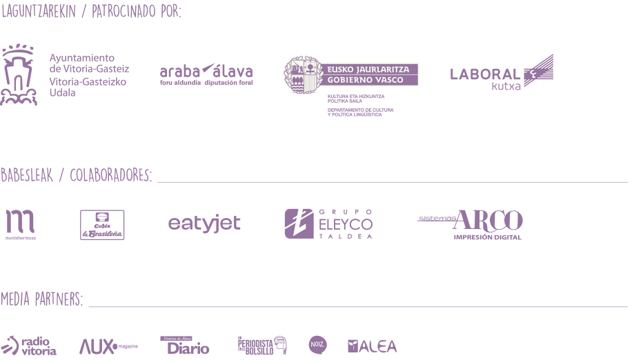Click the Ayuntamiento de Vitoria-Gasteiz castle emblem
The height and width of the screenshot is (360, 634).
19,75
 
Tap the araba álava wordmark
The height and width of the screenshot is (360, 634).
206,72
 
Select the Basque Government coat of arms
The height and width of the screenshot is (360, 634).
302,75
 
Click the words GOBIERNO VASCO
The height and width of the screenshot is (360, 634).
372,80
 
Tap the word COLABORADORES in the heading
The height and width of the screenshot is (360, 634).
110,175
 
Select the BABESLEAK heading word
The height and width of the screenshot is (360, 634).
25,175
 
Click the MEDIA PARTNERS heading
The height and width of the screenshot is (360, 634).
41,299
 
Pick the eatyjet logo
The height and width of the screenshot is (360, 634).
204,224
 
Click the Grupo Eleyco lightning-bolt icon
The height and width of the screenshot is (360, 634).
299,223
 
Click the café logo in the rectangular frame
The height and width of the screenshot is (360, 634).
102,225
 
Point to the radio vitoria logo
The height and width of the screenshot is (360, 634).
30,345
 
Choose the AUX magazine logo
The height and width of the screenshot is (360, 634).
108,346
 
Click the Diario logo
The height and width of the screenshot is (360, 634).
187,346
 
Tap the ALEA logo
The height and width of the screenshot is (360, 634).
372,346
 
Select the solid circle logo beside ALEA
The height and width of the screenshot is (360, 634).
317,345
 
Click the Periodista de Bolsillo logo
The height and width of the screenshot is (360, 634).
261,345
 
